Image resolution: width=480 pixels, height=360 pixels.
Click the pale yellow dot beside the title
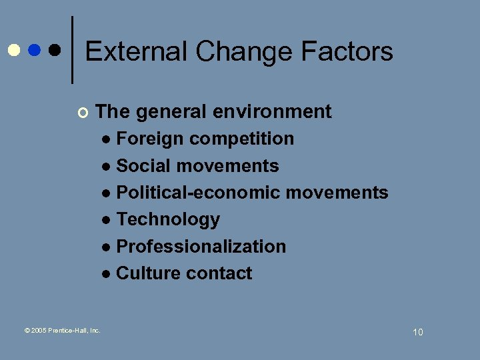click(14, 50)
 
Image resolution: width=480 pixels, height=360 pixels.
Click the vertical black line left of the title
click(72, 50)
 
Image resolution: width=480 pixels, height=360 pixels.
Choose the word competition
click(241, 139)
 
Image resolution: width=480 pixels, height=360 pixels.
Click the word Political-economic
click(198, 193)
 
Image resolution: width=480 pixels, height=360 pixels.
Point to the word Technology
click(168, 219)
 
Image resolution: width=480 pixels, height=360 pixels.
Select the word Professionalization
click(201, 246)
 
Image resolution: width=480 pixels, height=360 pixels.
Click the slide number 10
click(417, 332)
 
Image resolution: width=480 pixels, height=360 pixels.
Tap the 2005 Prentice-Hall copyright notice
click(62, 330)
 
